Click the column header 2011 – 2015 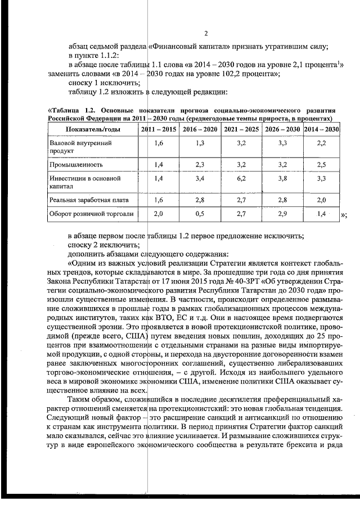(x=157, y=129)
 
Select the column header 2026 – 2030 (x=282, y=129)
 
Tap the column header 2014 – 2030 (x=321, y=129)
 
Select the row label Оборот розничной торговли (x=84, y=214)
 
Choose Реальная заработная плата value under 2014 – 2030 (x=321, y=200)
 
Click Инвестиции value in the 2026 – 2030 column (x=282, y=178)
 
